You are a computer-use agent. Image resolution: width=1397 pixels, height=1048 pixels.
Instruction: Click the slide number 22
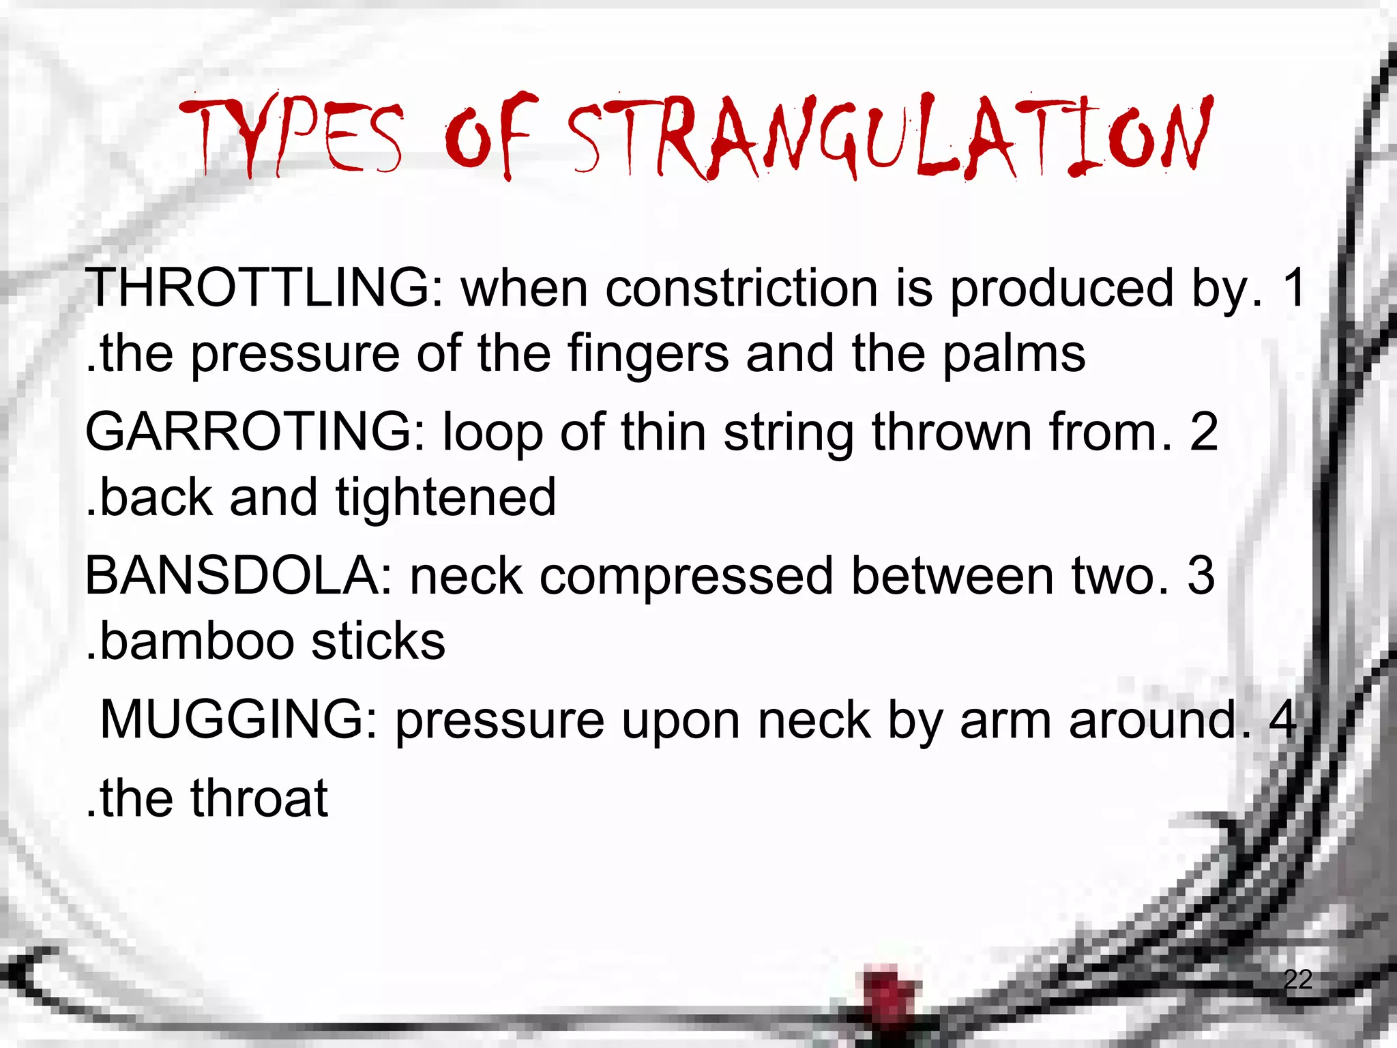(1297, 979)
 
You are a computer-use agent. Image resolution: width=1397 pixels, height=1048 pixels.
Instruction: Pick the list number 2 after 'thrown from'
(1204, 432)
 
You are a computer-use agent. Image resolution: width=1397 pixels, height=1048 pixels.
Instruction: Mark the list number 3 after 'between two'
(1201, 576)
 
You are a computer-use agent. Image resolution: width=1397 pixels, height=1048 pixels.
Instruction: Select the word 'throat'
(259, 798)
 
